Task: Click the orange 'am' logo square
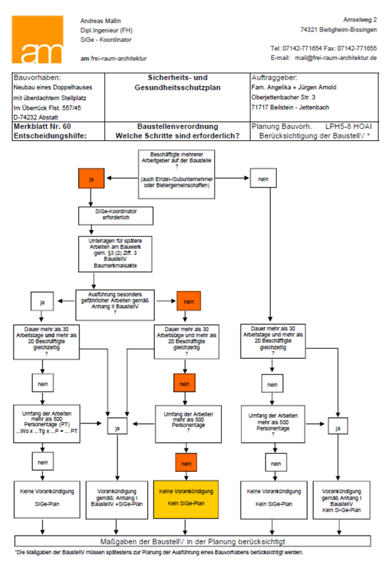[37, 40]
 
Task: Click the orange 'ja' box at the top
[91, 179]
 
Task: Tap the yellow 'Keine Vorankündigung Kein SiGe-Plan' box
[186, 499]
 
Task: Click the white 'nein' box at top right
[263, 179]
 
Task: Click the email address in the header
[335, 58]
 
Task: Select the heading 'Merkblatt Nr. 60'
[42, 126]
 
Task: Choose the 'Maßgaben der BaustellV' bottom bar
[193, 541]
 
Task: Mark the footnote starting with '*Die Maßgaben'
[159, 552]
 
